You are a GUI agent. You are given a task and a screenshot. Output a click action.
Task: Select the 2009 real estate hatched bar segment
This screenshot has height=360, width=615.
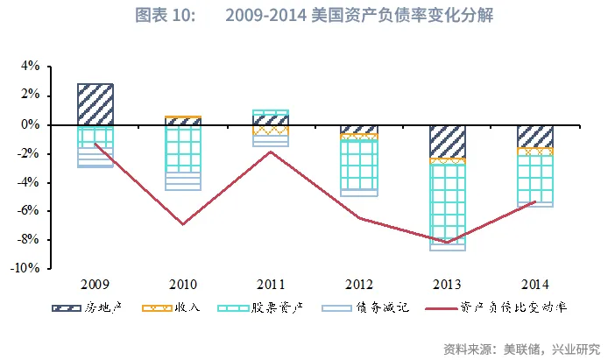95,104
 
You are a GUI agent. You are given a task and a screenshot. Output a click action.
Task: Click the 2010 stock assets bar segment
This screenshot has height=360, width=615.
183,149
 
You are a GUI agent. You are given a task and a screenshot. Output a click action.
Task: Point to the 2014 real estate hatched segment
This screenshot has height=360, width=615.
535,136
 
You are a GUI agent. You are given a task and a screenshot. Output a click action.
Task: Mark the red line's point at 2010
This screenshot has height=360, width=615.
183,224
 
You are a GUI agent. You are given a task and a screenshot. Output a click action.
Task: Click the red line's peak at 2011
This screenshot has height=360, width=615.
271,152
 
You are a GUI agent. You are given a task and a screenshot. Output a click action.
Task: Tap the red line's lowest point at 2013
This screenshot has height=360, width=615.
447,243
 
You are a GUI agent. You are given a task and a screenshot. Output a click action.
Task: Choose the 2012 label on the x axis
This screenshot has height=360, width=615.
359,285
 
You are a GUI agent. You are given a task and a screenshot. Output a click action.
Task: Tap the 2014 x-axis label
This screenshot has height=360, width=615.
535,285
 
